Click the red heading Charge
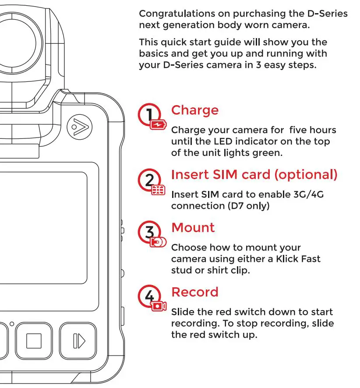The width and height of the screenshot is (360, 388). [x=194, y=110]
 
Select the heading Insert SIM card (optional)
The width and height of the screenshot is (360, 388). [x=254, y=175]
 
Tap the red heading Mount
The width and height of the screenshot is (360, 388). [x=193, y=228]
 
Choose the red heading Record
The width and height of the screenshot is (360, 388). [x=194, y=292]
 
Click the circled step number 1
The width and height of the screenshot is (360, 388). [x=149, y=115]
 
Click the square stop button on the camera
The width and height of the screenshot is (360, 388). [x=34, y=341]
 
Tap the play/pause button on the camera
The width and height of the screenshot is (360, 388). [x=78, y=341]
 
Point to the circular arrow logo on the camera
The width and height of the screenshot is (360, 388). [x=79, y=127]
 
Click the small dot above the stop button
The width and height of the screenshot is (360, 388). [x=12, y=324]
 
